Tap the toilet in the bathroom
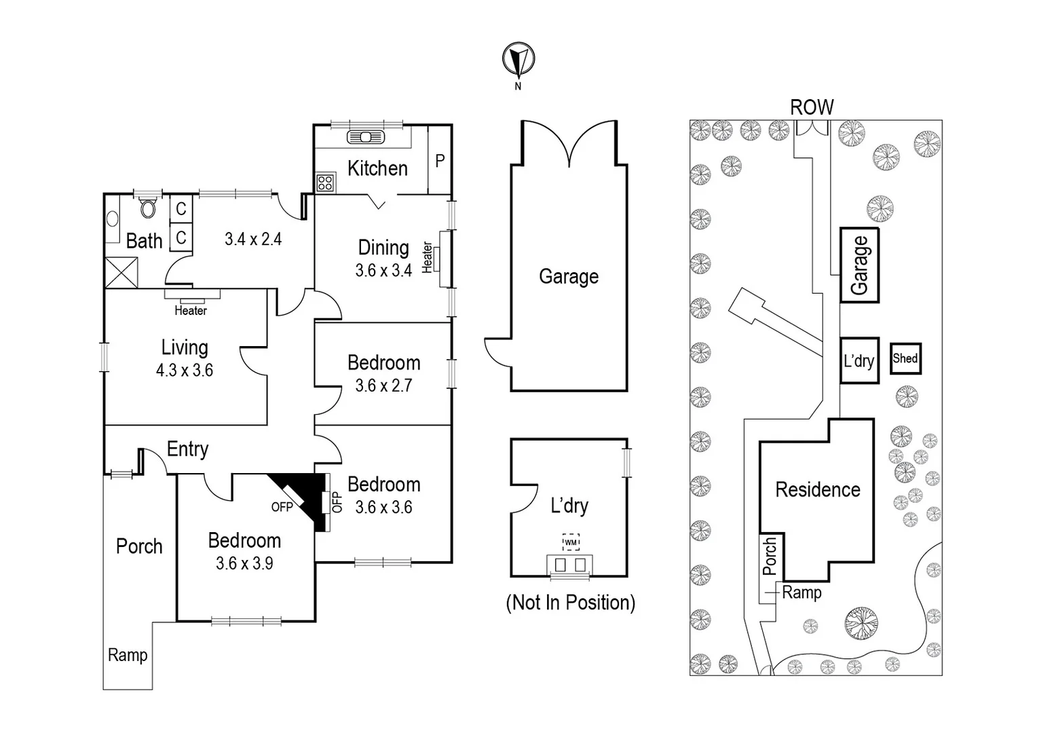(x=147, y=206)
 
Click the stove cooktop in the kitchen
(x=325, y=182)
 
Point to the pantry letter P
(x=440, y=161)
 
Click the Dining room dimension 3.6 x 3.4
(x=383, y=271)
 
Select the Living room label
(x=185, y=347)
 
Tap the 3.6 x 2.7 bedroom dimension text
(x=383, y=386)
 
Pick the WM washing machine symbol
(x=571, y=542)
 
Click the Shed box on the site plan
(x=905, y=358)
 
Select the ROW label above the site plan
(x=812, y=107)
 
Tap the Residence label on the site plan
(x=818, y=489)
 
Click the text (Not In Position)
(x=570, y=603)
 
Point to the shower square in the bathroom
(x=121, y=273)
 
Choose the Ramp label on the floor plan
(x=128, y=655)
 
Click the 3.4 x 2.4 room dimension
(x=253, y=239)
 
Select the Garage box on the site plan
(x=859, y=265)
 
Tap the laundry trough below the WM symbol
(x=570, y=565)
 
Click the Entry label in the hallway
(x=187, y=449)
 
